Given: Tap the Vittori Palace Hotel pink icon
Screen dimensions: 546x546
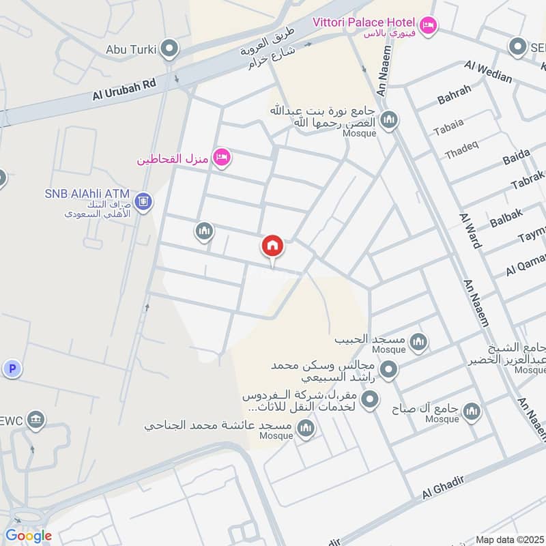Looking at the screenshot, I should [428, 25].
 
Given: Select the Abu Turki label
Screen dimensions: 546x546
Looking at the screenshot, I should [131, 49].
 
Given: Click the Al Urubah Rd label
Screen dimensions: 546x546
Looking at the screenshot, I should [125, 89].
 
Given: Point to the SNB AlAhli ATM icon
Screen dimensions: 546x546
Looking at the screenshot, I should [143, 201].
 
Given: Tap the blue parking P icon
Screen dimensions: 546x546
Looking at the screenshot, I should [11, 369].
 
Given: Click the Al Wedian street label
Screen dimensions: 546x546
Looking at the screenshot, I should [488, 72].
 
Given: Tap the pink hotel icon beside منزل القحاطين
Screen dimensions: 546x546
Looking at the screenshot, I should [222, 158].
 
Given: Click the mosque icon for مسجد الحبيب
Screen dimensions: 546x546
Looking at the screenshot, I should [418, 341].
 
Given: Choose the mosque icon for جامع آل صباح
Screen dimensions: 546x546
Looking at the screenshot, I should [471, 411].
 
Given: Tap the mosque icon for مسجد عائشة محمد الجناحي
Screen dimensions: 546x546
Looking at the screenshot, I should [305, 428].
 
